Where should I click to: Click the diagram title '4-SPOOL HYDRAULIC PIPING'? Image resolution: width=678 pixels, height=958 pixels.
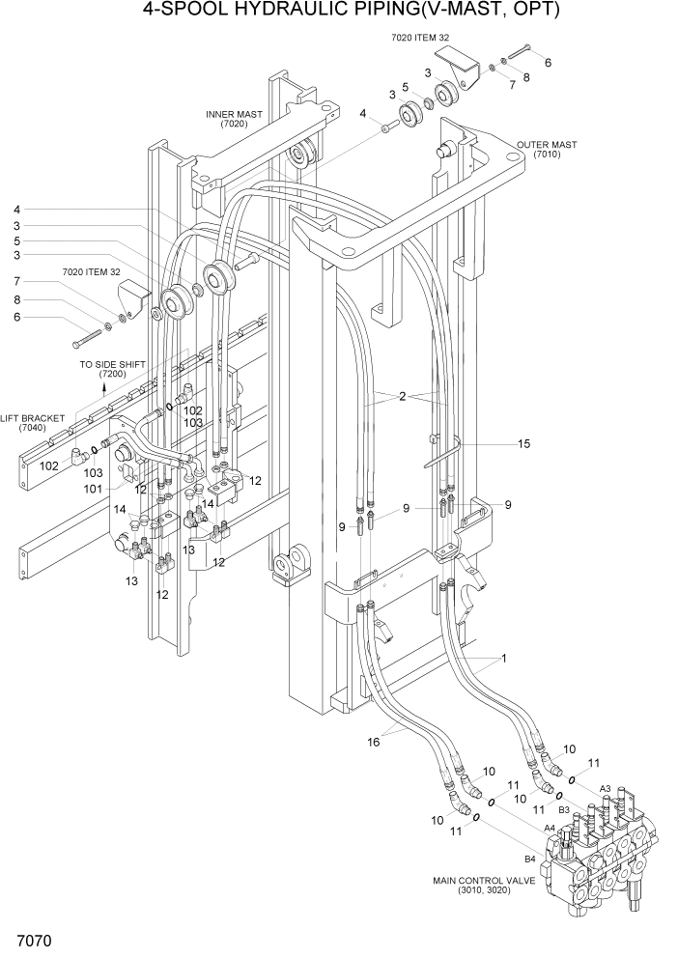tap(337, 12)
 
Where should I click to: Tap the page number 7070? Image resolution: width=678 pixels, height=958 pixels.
tap(33, 940)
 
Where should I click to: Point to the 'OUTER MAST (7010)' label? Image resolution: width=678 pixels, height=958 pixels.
tap(546, 150)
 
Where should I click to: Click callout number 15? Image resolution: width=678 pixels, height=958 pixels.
tap(523, 444)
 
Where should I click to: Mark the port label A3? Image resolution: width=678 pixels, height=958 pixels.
tap(606, 789)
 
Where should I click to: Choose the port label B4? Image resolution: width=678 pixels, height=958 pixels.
tap(529, 859)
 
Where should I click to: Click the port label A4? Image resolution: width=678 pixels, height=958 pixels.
tap(549, 828)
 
